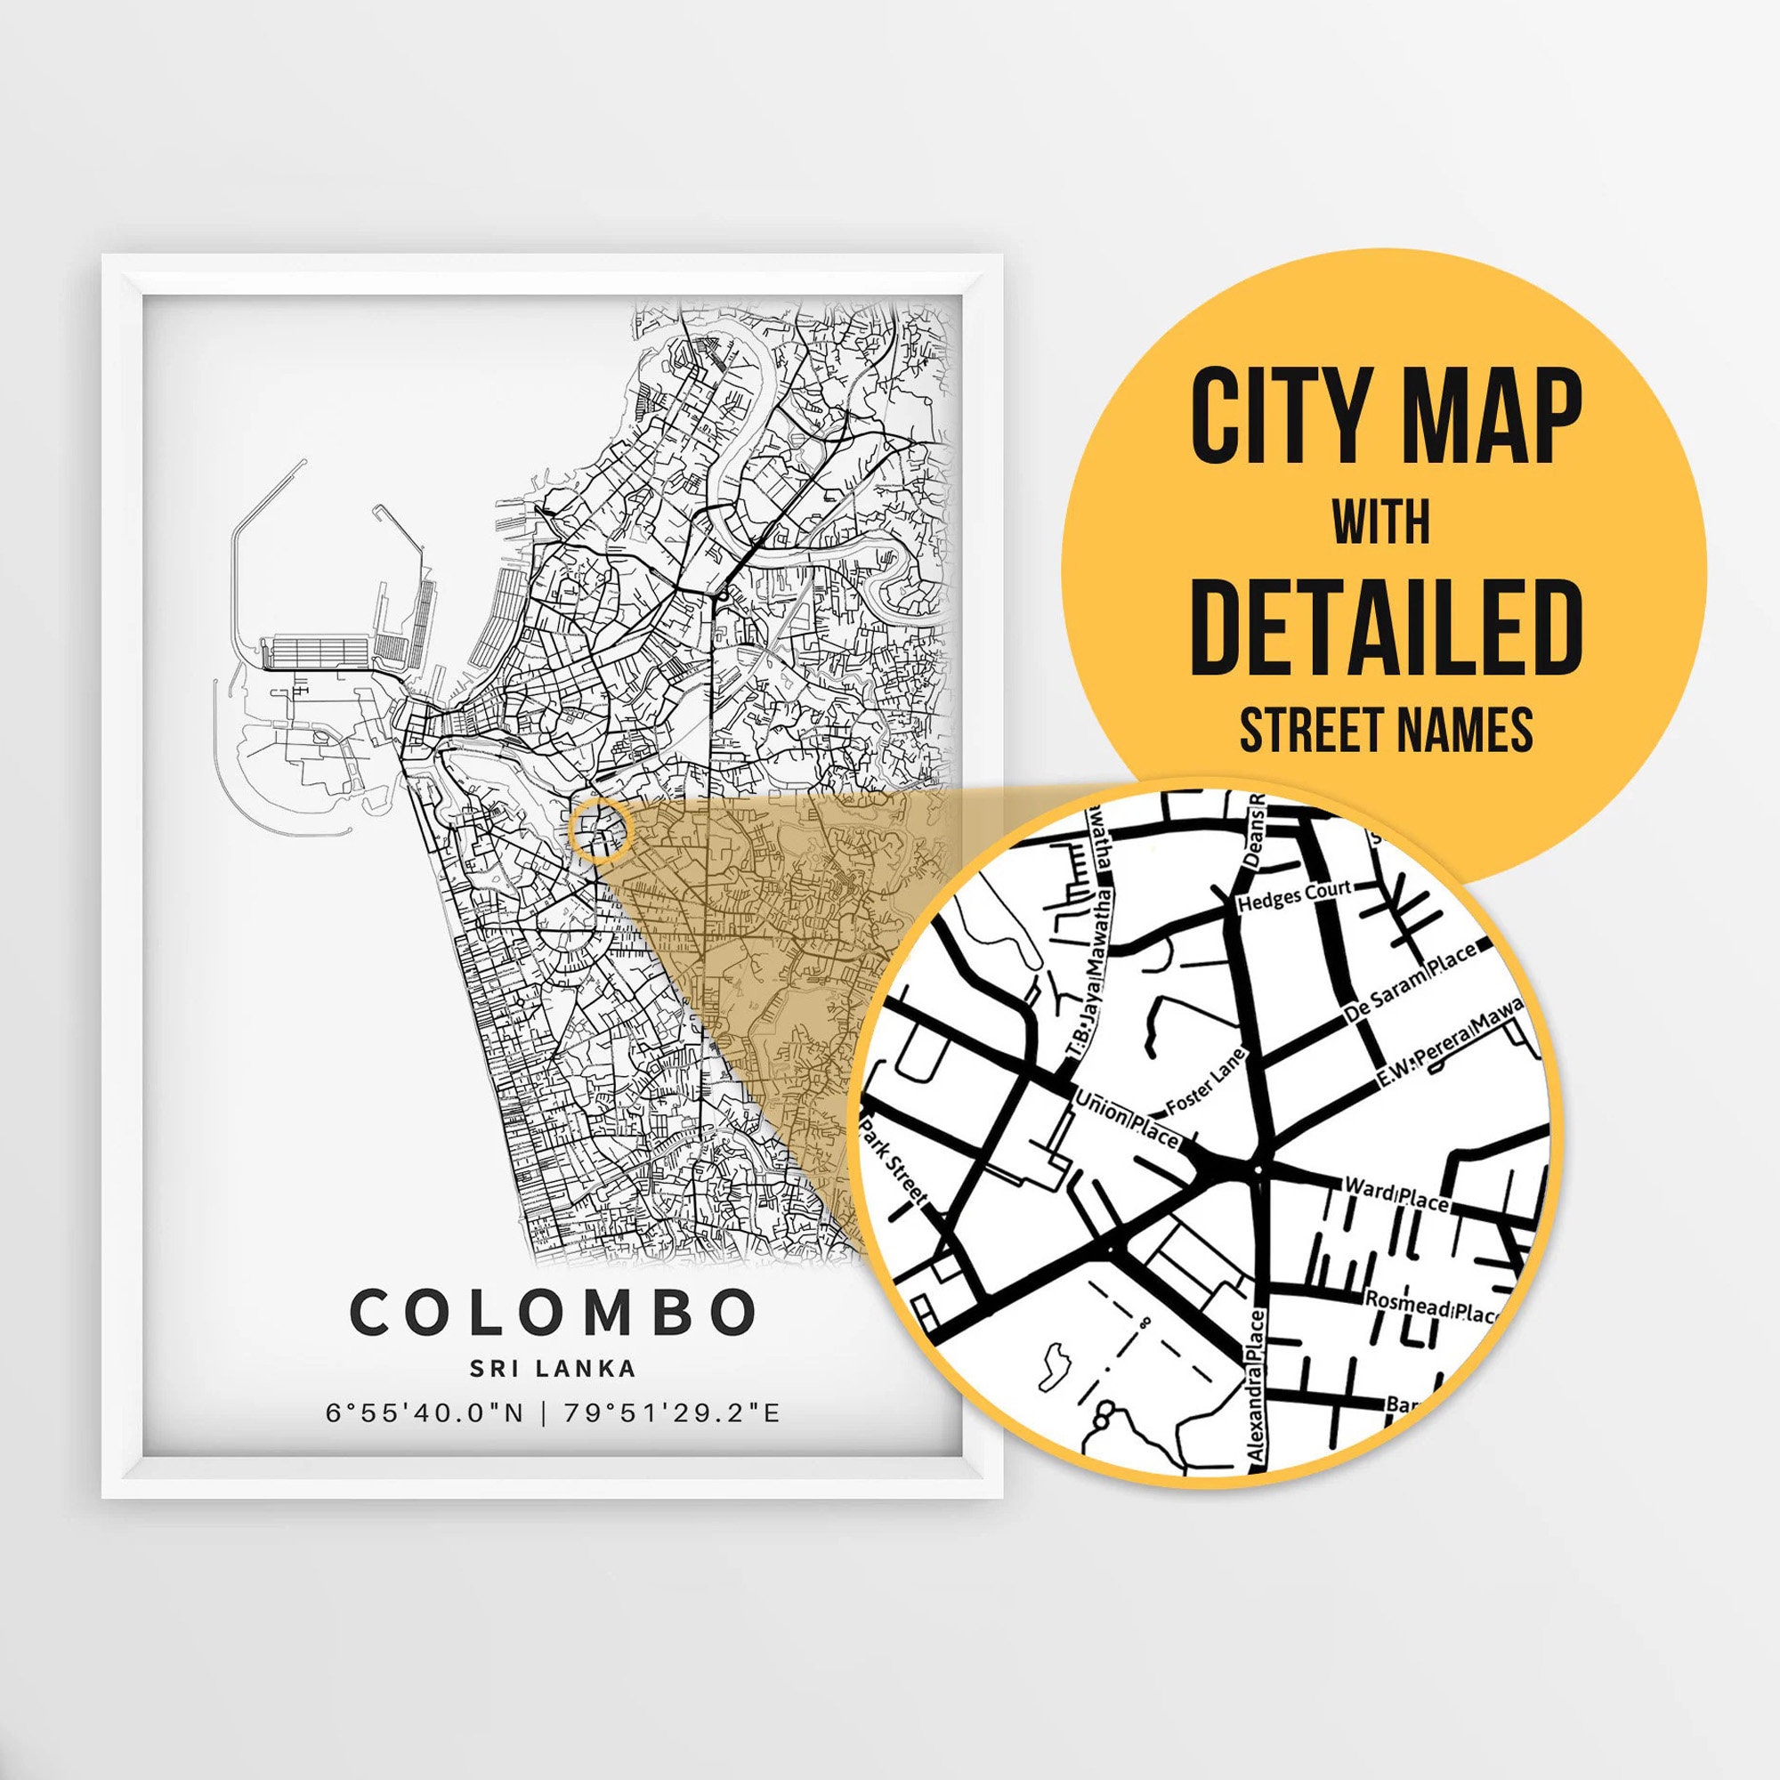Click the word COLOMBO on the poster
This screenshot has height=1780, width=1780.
click(x=553, y=1312)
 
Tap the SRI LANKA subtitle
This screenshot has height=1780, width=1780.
click(x=553, y=1368)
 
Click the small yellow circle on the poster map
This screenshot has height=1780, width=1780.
click(x=601, y=830)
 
